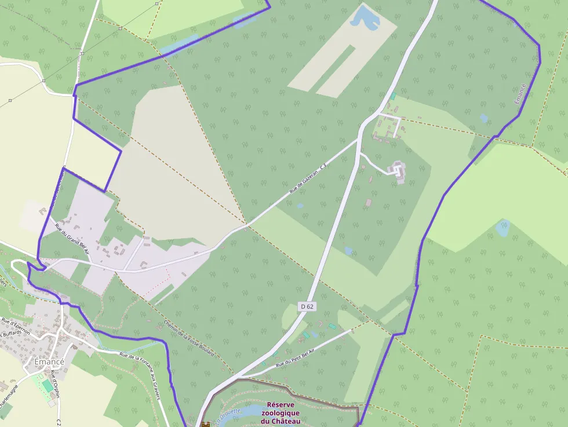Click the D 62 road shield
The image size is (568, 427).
pos(307,306)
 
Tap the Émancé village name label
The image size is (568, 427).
pos(49,362)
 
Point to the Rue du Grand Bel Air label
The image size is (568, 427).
pos(72,239)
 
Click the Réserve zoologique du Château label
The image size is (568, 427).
pos(284,413)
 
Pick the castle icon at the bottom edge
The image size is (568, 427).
pos(205,424)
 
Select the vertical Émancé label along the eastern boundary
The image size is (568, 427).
pos(520,94)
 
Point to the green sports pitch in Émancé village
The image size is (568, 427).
pos(47,385)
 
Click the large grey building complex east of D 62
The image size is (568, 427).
pos(398,171)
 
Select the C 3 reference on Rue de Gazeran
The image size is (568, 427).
pos(323,166)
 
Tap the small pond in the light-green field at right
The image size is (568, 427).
pos(503,228)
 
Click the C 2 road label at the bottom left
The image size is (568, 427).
pos(59,421)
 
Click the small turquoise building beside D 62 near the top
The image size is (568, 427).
pos(393,96)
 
